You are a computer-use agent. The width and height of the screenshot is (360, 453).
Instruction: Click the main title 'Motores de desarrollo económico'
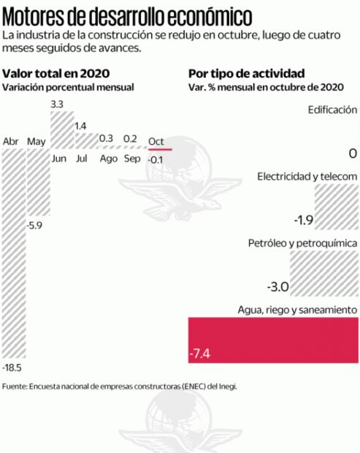[129, 16]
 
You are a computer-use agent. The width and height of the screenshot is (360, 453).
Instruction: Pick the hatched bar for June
[61, 130]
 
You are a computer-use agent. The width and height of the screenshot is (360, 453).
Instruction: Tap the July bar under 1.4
[85, 140]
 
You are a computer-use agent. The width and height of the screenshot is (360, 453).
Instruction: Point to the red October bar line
[159, 149]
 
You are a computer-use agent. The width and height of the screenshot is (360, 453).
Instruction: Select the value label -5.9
[35, 226]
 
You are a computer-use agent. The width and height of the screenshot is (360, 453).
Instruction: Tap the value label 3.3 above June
[58, 105]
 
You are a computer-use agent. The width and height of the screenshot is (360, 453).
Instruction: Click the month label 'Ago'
[108, 159]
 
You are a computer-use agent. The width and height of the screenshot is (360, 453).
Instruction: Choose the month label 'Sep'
[132, 159]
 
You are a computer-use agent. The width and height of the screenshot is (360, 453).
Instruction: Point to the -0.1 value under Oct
[156, 159]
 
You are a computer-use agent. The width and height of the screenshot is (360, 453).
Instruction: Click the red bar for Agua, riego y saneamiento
[272, 340]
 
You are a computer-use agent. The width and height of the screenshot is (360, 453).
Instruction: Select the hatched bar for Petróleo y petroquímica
[323, 272]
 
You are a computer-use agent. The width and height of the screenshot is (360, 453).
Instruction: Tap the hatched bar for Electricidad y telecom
[336, 206]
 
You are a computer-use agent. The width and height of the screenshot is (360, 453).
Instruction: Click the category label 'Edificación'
[332, 110]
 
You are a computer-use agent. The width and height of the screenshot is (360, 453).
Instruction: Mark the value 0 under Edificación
[352, 153]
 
